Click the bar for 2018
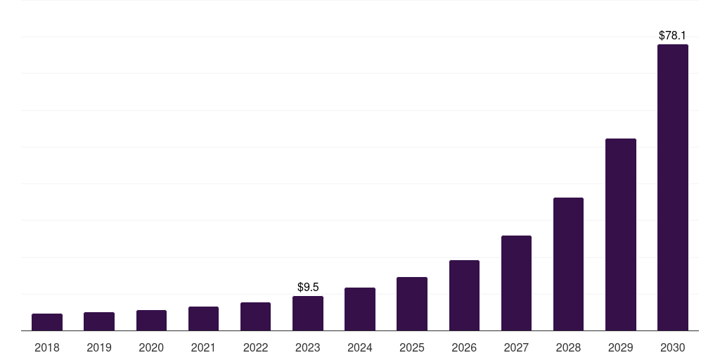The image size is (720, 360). click(47, 322)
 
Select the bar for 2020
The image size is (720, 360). click(151, 321)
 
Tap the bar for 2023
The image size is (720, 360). click(308, 314)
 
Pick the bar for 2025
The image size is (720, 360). click(412, 304)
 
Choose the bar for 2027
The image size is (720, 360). click(516, 283)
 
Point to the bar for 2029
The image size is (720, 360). click(621, 235)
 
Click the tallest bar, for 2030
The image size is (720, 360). click(673, 188)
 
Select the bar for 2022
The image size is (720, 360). click(255, 316)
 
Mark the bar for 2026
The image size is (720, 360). click(464, 295)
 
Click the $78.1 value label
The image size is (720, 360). click(672, 35)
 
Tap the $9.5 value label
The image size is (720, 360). click(308, 287)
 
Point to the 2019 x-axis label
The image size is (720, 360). click(99, 347)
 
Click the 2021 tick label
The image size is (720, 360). click(203, 347)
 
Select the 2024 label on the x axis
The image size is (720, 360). click(360, 347)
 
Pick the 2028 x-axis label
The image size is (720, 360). click(568, 347)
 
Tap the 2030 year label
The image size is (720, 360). click(673, 347)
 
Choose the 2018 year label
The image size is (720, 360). click(47, 347)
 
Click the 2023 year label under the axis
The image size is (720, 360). click(308, 347)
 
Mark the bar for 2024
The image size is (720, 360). click(360, 309)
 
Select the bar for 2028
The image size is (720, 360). click(568, 264)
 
